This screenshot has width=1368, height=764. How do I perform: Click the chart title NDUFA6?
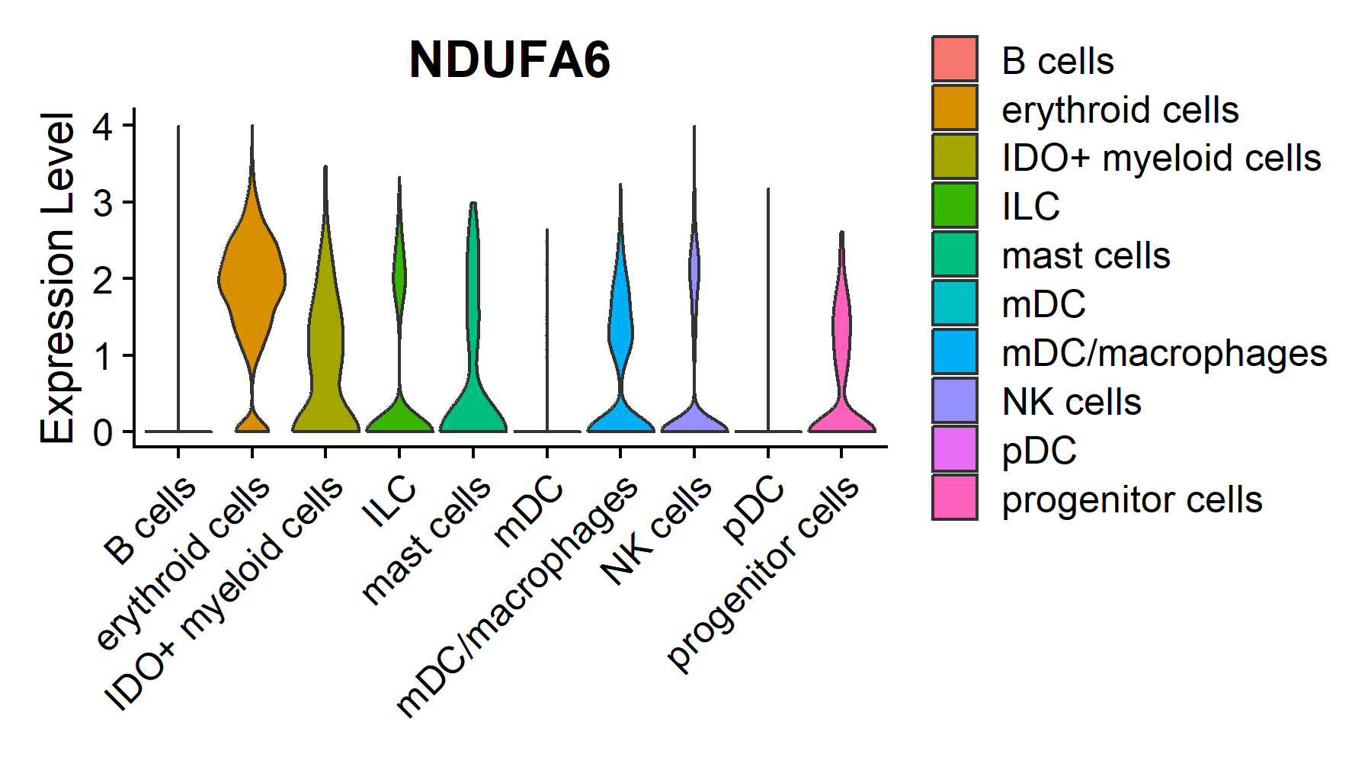pos(509,59)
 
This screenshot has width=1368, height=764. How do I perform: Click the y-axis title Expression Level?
pos(57,278)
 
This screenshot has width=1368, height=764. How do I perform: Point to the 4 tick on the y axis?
pos(103,126)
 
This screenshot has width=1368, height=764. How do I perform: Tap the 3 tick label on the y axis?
pos(103,203)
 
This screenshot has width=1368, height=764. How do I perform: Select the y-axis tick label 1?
pos(103,356)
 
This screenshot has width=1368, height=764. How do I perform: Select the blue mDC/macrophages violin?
pos(620,320)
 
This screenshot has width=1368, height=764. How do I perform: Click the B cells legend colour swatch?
pos(954,59)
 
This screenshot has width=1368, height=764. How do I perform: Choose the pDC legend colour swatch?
pos(954,449)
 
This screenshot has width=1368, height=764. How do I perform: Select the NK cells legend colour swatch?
pos(954,400)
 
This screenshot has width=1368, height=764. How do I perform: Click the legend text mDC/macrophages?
pos(1164,353)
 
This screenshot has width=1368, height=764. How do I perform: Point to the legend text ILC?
pos(1030,207)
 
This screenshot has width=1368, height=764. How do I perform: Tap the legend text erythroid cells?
pos(1120,110)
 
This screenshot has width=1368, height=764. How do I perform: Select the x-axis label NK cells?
pos(656,530)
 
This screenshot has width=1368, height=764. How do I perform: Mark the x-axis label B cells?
pos(150,520)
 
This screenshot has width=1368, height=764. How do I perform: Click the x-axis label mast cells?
pos(426,539)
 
